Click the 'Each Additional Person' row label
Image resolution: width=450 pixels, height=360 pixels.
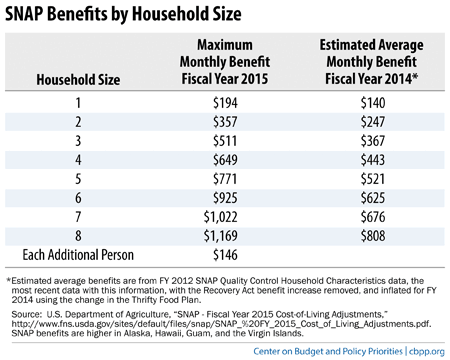pos(77,252)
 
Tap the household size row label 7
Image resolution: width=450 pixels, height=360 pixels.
pos(77,214)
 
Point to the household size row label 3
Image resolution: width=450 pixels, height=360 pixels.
pos(77,139)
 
